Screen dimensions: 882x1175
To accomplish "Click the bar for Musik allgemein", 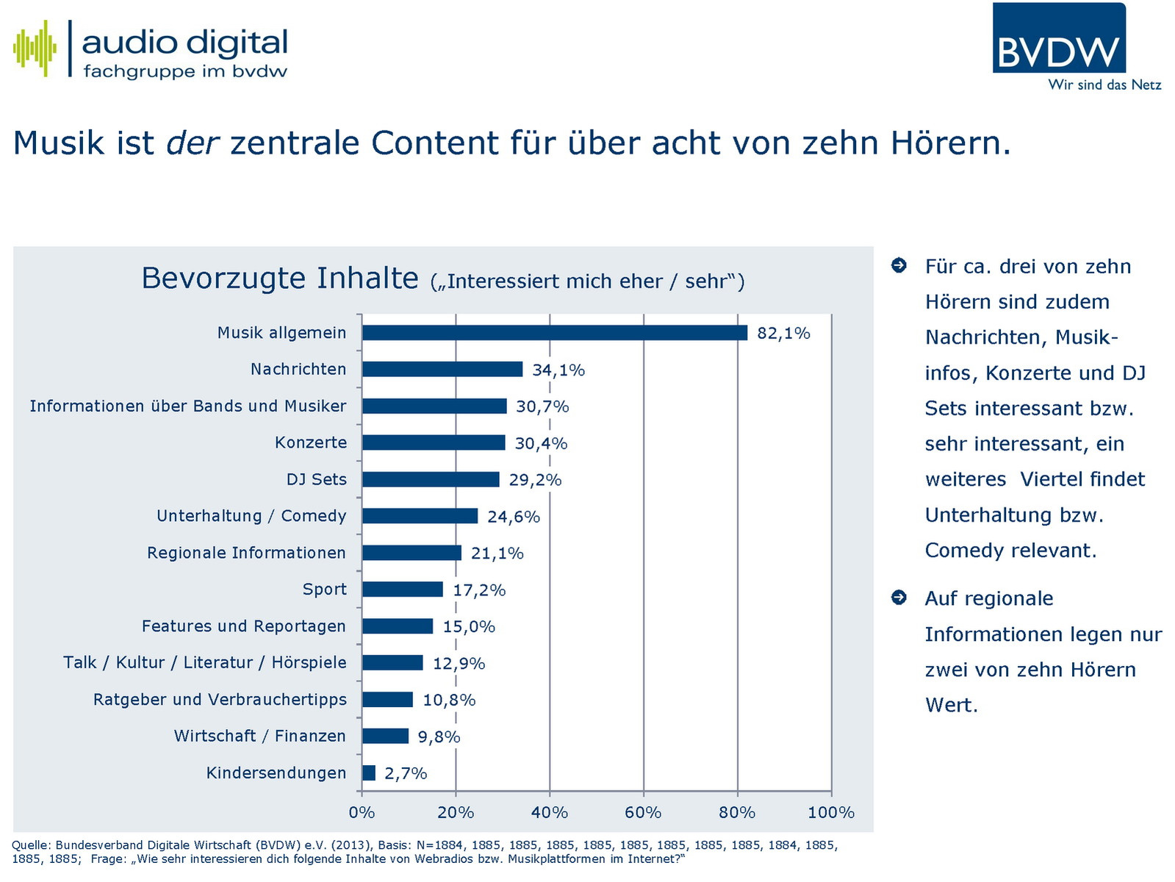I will pyautogui.click(x=555, y=333).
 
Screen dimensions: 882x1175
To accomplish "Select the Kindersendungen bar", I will pyautogui.click(x=369, y=773).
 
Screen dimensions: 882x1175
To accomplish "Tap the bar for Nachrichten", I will pyautogui.click(x=442, y=370).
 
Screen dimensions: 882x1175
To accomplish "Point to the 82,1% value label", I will pyautogui.click(x=783, y=334).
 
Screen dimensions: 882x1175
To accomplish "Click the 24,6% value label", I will pyautogui.click(x=514, y=517).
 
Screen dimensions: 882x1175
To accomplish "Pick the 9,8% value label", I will pyautogui.click(x=439, y=736).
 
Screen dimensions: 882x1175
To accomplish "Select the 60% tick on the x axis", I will pyautogui.click(x=643, y=812).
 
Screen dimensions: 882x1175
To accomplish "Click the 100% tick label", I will pyautogui.click(x=831, y=812).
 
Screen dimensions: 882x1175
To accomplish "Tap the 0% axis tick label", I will pyautogui.click(x=362, y=812).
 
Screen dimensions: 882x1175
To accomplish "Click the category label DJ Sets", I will pyautogui.click(x=316, y=479).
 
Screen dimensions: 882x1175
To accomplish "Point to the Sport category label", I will pyautogui.click(x=324, y=589).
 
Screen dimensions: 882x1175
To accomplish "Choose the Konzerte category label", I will pyautogui.click(x=311, y=442).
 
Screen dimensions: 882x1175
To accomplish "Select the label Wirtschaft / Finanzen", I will pyautogui.click(x=259, y=736).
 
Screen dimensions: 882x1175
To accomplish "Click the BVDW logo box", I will pyautogui.click(x=1058, y=38).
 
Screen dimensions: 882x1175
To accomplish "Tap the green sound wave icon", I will pyautogui.click(x=35, y=49).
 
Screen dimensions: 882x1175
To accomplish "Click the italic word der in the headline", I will pyautogui.click(x=193, y=143).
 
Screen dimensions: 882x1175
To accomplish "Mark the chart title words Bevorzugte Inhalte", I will pyautogui.click(x=279, y=279).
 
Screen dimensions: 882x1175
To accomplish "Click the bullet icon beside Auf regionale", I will pyautogui.click(x=899, y=598).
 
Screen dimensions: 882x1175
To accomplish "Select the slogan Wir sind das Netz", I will pyautogui.click(x=1104, y=85).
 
